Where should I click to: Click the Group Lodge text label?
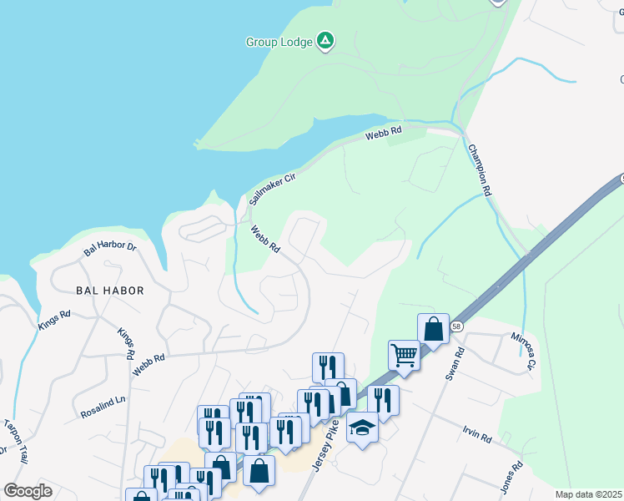click(279, 42)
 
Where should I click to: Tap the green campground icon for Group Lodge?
click(326, 41)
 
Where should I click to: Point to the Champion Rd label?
click(480, 170)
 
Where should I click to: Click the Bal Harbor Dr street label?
click(109, 249)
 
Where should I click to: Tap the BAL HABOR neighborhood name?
click(109, 291)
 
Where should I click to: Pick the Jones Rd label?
click(511, 477)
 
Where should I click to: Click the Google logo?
click(28, 491)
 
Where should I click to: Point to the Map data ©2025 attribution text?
click(588, 495)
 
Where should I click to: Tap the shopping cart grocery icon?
click(404, 355)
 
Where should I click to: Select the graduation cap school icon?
click(361, 428)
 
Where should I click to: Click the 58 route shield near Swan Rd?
click(456, 326)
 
